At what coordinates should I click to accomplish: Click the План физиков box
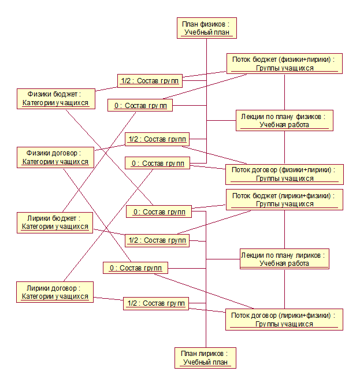coord(206,28)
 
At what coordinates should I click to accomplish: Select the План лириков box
coord(206,358)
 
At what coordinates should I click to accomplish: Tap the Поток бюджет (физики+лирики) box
coord(284,64)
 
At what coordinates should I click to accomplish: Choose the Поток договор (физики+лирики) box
coord(284,174)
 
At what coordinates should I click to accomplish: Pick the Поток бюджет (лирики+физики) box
coord(284,199)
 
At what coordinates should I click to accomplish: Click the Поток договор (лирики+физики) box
coord(284,320)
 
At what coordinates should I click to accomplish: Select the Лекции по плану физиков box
coord(284,120)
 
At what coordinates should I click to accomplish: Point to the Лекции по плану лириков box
coord(284,258)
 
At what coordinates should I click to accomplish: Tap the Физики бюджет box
coord(55,98)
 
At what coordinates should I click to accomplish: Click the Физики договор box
coord(55,157)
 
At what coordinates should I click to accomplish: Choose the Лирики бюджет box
coord(55,222)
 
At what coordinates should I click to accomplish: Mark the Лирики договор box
coord(55,292)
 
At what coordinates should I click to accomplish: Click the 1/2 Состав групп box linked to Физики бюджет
coord(150,81)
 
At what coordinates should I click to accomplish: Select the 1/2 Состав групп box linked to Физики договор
coord(157,139)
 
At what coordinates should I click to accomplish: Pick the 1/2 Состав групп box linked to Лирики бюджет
coord(157,240)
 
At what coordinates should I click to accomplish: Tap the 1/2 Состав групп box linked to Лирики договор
coord(155,303)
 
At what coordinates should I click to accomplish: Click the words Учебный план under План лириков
coord(206,362)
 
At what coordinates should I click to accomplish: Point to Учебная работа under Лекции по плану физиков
coord(284,125)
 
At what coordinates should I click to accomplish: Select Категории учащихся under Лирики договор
coord(55,296)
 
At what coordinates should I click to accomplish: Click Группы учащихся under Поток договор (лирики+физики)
coord(284,324)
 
